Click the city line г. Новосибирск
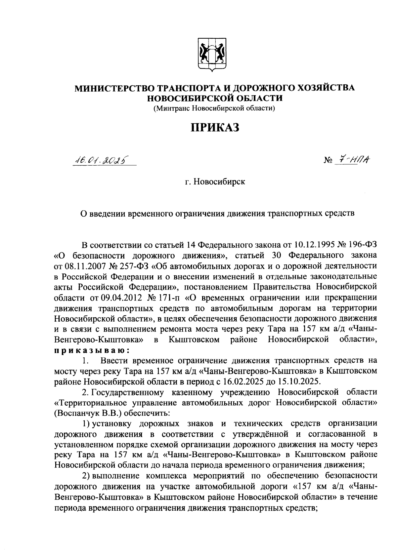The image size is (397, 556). [215, 182]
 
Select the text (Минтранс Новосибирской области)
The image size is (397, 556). [214, 108]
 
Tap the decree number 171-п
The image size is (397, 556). [168, 297]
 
